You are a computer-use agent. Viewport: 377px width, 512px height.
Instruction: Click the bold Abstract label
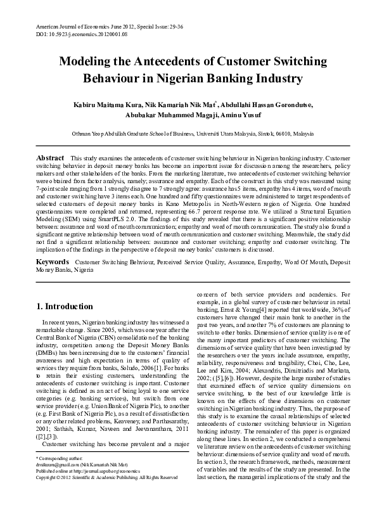[x=51, y=157]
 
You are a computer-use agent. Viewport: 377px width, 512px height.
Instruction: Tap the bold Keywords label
[x=53, y=261]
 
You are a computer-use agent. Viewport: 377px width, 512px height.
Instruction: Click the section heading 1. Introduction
[x=65, y=306]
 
